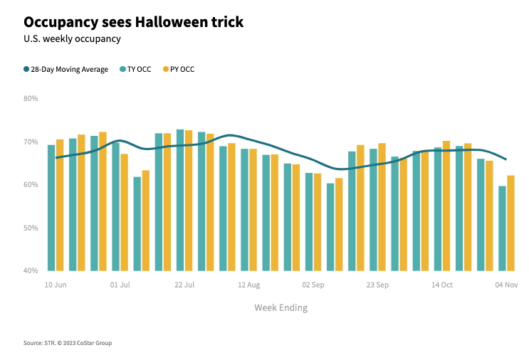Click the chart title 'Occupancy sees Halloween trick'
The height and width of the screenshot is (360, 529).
[133, 22]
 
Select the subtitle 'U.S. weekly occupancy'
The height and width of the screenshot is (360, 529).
[72, 39]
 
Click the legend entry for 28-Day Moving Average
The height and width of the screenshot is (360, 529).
[66, 69]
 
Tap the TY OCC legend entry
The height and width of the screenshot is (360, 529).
[135, 69]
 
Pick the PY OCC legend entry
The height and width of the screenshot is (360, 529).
[178, 69]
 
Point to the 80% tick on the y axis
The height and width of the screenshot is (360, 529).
[31, 98]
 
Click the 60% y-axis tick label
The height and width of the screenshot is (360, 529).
[31, 185]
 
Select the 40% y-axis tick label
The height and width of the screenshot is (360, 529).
[31, 271]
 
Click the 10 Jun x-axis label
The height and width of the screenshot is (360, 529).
[56, 285]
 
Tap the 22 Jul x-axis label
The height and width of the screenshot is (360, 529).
[184, 285]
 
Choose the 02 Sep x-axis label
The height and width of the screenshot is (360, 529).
[313, 285]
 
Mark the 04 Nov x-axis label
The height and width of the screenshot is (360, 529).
[506, 285]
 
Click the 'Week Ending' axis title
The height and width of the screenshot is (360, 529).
[281, 307]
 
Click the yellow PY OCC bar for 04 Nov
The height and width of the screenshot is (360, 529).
[510, 223]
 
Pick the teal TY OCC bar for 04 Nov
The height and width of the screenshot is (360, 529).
[502, 228]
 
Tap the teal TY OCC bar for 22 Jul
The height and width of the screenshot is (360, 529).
[180, 200]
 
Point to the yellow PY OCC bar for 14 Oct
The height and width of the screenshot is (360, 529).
[446, 206]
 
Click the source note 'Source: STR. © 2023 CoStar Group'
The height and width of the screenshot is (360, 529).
[68, 343]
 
